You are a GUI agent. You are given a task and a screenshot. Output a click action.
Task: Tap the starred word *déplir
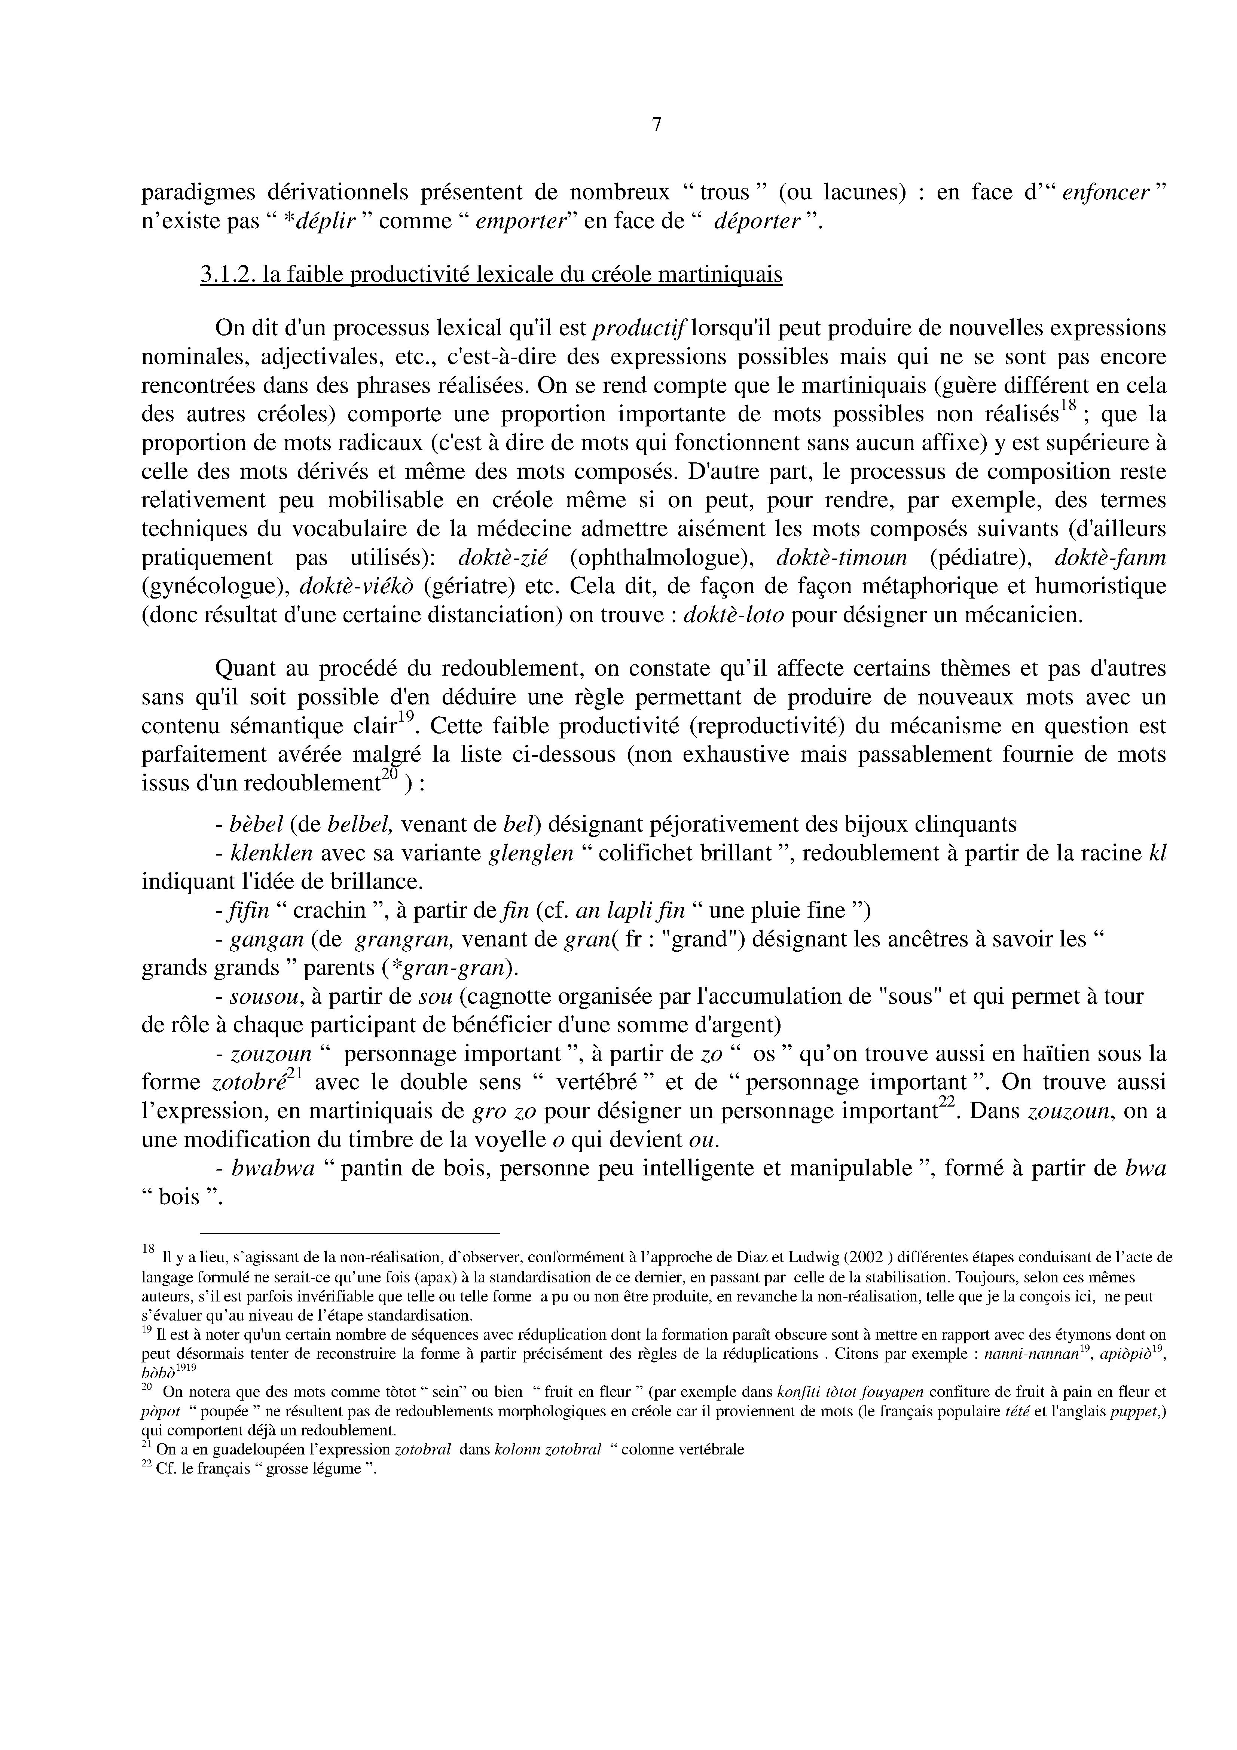(x=326, y=222)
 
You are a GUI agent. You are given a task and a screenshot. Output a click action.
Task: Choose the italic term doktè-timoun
(x=841, y=558)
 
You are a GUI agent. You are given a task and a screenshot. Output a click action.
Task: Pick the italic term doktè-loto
(x=734, y=615)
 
